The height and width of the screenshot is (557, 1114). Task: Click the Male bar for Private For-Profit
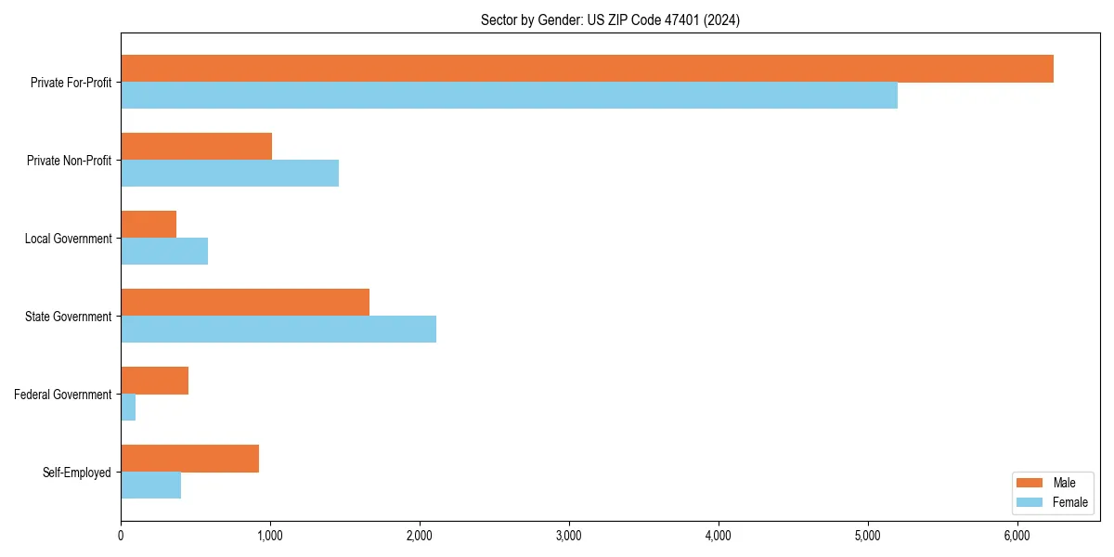(587, 69)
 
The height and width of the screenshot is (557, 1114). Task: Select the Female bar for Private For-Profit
(509, 96)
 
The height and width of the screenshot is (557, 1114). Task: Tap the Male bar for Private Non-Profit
(196, 147)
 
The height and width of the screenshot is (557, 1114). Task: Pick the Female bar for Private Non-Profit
(229, 174)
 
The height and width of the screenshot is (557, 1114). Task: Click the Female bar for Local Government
(164, 252)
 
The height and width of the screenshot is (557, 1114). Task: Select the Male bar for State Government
(245, 303)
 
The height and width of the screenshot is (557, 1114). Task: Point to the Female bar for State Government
(278, 330)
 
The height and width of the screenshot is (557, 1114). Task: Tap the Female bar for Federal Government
(128, 408)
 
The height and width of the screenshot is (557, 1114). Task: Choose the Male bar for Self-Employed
(189, 459)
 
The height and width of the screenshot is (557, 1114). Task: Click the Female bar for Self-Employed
(150, 486)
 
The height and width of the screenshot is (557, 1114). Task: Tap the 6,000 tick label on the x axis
(1017, 536)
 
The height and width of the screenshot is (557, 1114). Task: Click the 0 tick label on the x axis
(121, 536)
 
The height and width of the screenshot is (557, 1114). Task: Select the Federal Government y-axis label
(62, 395)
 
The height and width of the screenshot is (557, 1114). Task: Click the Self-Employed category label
(76, 473)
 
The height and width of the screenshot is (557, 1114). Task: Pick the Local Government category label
(68, 239)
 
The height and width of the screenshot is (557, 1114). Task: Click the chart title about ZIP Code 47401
(610, 19)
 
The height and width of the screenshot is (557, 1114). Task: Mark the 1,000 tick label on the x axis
(270, 536)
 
